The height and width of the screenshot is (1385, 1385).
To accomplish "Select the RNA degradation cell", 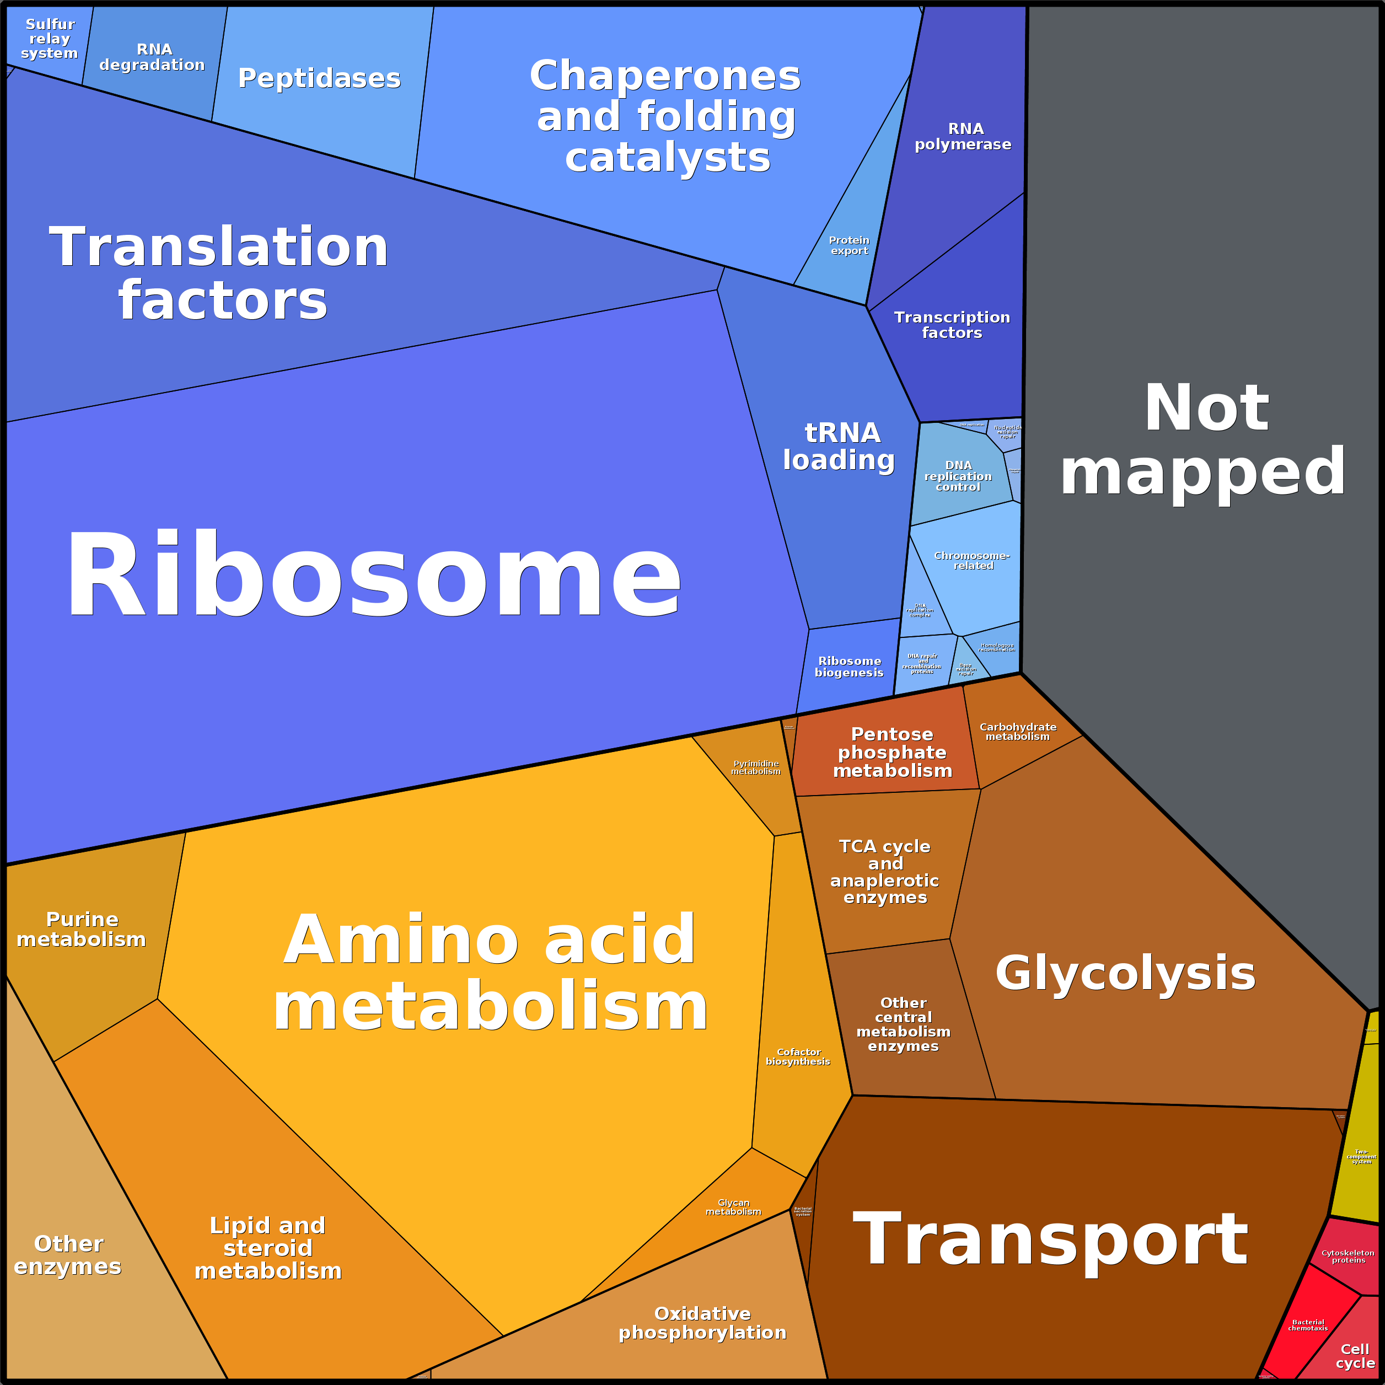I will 153,57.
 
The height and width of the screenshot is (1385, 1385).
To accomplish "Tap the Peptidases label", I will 319,78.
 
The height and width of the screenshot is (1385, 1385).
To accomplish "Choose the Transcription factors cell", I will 952,325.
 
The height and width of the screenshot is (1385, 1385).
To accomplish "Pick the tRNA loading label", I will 840,446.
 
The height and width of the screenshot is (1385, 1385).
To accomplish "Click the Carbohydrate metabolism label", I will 1018,731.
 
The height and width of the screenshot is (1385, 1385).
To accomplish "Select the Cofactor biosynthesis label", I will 798,1057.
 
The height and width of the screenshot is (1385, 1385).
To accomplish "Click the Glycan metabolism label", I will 733,1207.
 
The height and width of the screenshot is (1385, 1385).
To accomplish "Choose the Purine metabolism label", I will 81,929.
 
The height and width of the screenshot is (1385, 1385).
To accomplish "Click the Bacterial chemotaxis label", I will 1308,1325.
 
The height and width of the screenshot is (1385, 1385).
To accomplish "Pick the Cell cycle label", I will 1355,1356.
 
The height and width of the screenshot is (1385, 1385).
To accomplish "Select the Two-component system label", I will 1361,1157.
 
